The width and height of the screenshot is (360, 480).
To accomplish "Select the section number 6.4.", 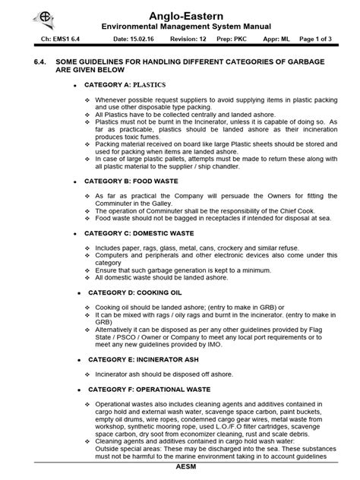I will click(31, 60).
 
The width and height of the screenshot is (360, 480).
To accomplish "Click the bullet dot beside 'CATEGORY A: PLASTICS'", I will click(75, 85).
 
